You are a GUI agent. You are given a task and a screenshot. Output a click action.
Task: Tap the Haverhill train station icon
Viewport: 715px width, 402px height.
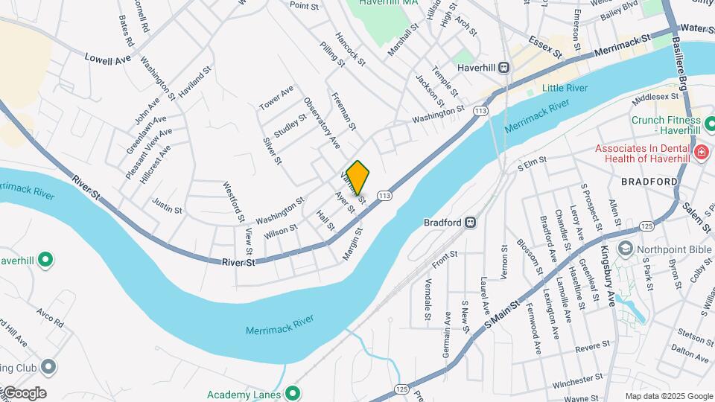pos(504,68)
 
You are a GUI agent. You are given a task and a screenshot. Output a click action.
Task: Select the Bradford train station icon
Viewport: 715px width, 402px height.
pos(471,222)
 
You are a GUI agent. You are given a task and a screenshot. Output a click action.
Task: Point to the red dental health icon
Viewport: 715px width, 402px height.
pos(700,153)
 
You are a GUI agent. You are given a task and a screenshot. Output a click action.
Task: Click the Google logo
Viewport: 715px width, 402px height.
pos(24,393)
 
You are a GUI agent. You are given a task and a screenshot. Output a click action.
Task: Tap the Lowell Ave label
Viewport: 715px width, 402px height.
pos(107,58)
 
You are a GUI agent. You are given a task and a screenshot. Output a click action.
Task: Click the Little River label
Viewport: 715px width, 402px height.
pos(565,89)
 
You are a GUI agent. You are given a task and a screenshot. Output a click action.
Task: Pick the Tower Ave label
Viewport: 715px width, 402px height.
pos(276,99)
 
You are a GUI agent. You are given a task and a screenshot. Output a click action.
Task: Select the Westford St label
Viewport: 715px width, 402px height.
pos(232,201)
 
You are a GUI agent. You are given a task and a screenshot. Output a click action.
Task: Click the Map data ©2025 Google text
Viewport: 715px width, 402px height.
pos(668,396)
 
